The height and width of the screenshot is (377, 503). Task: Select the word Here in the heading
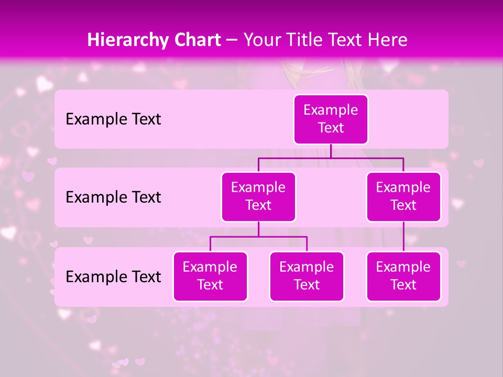point(386,40)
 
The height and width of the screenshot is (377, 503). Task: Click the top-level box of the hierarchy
point(331,119)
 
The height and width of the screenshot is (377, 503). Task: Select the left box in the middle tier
point(258,196)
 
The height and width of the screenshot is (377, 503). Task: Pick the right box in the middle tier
point(403,196)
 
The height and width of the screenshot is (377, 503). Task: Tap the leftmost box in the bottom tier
point(210,276)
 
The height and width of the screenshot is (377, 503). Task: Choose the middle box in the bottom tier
point(307,276)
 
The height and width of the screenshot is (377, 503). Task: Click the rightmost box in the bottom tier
point(403,276)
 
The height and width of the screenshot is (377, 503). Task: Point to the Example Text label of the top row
point(113,119)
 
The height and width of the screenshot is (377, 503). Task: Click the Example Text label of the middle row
point(113,197)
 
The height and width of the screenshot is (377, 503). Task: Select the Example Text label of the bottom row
point(113,276)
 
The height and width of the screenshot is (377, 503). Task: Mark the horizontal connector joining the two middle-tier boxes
point(331,158)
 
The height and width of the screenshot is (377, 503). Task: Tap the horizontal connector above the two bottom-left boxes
point(258,237)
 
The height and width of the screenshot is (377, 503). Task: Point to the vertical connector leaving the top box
point(331,151)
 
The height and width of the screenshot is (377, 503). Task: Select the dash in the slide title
point(232,40)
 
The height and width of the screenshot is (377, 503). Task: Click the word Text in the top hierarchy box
point(331,128)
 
